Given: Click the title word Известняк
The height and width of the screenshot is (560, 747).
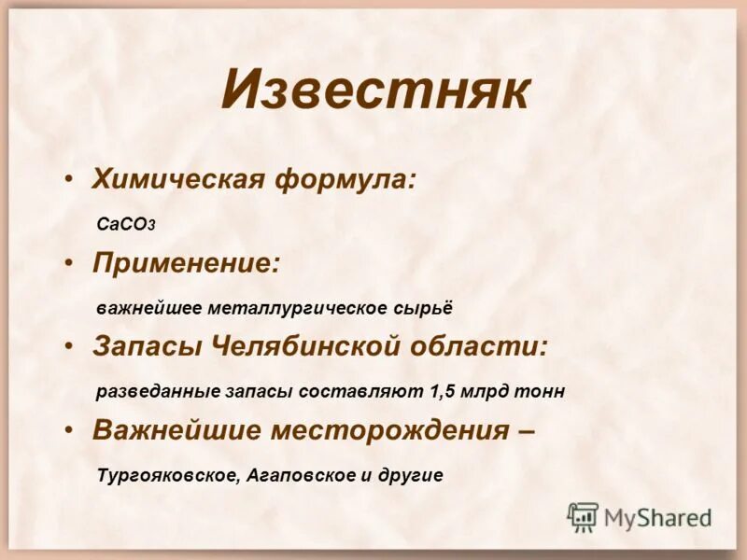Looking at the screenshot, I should pyautogui.click(x=375, y=91).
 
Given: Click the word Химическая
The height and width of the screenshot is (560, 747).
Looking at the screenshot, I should pyautogui.click(x=178, y=179).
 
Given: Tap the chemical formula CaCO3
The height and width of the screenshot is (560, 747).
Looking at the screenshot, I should pyautogui.click(x=126, y=224).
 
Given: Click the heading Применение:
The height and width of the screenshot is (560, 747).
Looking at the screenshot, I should pyautogui.click(x=186, y=263).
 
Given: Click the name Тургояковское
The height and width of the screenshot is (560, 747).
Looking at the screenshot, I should pyautogui.click(x=169, y=475).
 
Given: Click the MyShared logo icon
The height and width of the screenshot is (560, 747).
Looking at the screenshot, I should pyautogui.click(x=583, y=516).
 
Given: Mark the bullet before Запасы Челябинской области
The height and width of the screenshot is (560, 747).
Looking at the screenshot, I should pyautogui.click(x=70, y=346).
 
